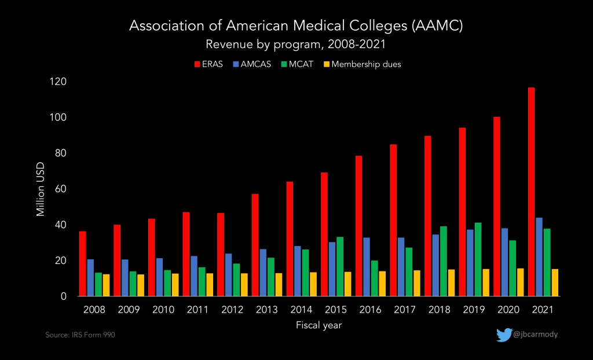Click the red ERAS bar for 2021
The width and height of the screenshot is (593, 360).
coord(531,192)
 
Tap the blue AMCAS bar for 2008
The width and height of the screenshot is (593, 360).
coord(90,278)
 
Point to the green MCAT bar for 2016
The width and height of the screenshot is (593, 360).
coord(375,278)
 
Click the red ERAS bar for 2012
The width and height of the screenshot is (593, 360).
coord(221,255)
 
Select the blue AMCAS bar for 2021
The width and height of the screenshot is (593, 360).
coord(539,257)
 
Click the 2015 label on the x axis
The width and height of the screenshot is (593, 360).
coord(336,310)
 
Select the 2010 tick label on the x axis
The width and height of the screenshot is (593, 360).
coord(163,310)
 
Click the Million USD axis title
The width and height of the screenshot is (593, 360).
coord(41,189)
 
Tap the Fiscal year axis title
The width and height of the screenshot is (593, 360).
coord(319,325)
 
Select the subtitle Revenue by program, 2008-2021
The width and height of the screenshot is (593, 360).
coord(295,44)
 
